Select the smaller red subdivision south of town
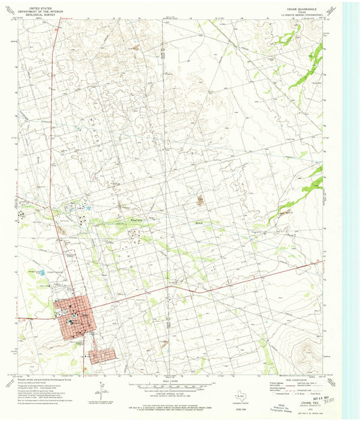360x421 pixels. (102, 356)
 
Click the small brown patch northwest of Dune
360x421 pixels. (201, 200)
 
